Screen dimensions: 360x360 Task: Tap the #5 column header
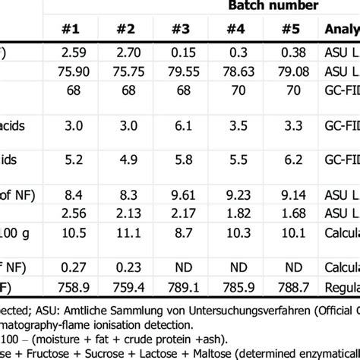[289, 30]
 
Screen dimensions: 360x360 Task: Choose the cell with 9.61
[180, 196]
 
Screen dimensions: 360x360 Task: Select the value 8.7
[180, 231]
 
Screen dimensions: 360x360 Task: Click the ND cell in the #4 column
[235, 266]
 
